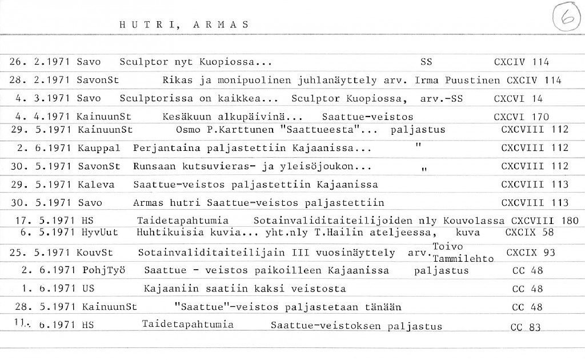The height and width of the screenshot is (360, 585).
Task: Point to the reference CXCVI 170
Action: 522,117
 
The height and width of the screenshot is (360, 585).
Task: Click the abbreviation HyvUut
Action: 101,233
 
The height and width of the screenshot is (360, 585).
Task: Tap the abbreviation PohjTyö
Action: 103,270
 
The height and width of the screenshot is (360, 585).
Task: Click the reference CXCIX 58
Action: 530,233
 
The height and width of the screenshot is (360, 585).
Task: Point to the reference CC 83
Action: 526,327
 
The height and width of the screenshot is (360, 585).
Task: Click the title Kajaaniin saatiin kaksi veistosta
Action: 245,289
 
